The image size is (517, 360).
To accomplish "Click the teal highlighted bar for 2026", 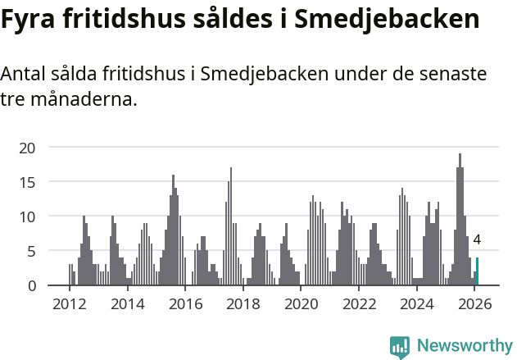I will point(477,271).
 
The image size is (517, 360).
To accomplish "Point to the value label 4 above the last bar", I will point(477,240).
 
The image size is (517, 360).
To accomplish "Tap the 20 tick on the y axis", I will point(28,148).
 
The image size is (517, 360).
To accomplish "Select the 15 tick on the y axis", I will point(28,182).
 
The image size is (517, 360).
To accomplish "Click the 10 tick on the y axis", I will point(28,216).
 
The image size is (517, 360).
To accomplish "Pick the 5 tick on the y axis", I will point(31,251).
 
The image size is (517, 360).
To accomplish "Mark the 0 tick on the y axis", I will point(31,285).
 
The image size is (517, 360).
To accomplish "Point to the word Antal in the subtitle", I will point(25,75).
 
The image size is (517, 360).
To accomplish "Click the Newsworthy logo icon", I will point(400,347).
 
